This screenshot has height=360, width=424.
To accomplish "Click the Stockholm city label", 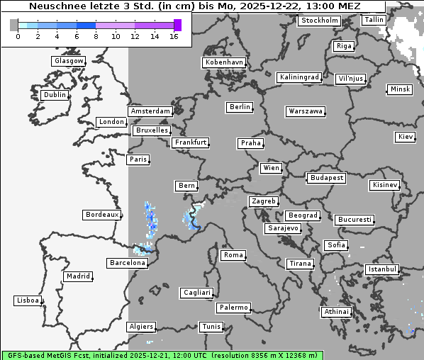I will tap(319, 21).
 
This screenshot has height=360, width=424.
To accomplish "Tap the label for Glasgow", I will tap(69, 61).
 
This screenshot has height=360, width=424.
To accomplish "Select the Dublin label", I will tap(55, 95).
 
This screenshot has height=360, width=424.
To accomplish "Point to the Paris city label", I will tap(138, 159).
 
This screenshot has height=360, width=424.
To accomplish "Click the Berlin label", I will tap(240, 107).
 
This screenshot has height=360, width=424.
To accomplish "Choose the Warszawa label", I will tap(306, 111).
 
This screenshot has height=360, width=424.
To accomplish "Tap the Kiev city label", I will tap(406, 136).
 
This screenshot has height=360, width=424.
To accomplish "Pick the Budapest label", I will tap(326, 178).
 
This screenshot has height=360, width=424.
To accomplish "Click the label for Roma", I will tap(233, 255).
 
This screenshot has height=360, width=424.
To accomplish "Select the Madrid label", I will tap(77, 276).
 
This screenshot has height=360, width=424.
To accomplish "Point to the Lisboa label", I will tap(28, 300).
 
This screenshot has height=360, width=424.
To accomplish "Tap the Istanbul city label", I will tap(382, 269).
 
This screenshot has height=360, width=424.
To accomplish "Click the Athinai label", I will tap(336, 312).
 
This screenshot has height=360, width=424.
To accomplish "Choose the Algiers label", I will tap(140, 327).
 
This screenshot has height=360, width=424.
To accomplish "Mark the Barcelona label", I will tap(128, 263).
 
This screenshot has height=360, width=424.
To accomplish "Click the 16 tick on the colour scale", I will tap(174, 36).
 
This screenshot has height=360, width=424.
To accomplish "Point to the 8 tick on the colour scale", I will tap(96, 36).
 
